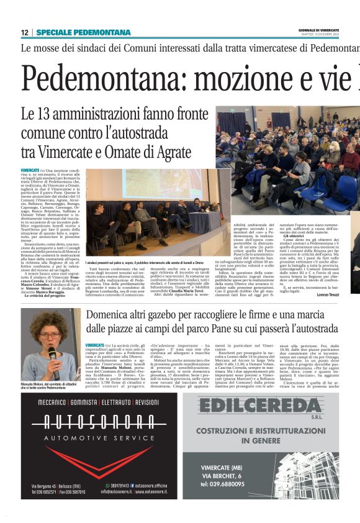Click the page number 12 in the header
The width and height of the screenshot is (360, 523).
point(24,32)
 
